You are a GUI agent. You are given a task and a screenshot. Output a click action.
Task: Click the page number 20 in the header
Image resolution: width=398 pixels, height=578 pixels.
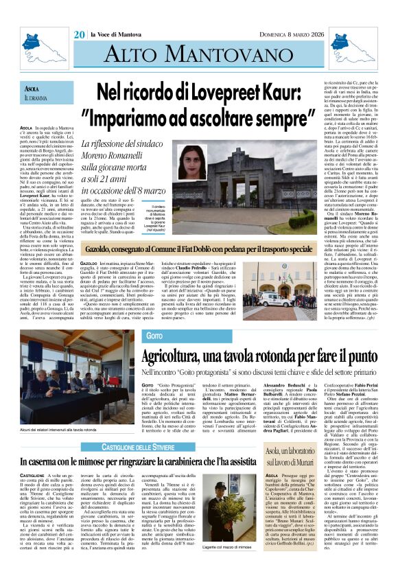[x=80, y=34]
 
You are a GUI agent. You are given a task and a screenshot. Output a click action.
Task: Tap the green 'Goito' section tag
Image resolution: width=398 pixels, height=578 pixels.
[x=154, y=336]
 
